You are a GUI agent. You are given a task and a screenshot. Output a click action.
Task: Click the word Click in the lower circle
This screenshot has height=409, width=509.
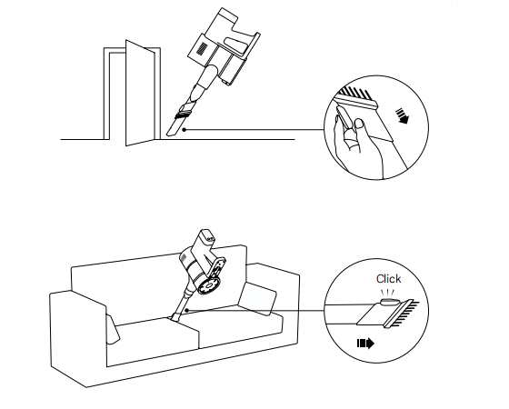pos(389,279)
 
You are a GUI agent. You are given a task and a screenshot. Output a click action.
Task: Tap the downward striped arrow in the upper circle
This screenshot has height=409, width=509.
pos(402,116)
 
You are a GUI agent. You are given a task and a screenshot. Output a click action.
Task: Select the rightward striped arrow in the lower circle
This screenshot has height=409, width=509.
pos(365,344)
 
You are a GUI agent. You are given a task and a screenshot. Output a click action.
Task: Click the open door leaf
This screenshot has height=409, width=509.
pos(140,93)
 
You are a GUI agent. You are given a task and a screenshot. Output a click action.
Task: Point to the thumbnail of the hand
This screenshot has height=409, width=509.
pos(359,123)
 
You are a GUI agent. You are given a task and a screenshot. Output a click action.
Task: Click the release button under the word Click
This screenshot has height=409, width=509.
pos(390,302)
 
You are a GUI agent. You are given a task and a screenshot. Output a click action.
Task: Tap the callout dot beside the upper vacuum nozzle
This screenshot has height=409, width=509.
pos(184,130)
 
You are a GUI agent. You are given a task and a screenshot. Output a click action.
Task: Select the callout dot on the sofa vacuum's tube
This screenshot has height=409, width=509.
pos(187,310)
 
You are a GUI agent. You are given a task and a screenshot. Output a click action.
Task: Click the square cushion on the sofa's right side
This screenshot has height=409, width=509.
pos(257,299)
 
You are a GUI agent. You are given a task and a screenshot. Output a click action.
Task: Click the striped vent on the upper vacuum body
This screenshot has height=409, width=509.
pos(203,48)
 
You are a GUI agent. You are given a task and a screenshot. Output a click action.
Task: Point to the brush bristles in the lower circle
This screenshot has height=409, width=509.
pos(405,314)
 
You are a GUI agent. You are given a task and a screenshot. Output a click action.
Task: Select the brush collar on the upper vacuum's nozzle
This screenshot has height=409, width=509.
pos(184,114)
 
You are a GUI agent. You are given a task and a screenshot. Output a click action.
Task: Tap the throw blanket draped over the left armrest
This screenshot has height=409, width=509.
pos(112,328)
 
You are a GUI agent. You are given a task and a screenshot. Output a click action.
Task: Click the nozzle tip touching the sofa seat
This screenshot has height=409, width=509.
pos(175,317)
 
